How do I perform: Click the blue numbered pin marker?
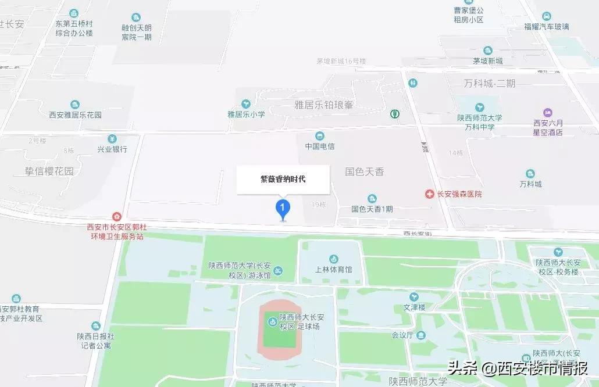point(283,208)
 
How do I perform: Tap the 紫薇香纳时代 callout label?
point(283,180)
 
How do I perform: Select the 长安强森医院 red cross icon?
point(429,193)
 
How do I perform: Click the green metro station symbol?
point(395,114)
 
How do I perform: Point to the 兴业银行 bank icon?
point(112,139)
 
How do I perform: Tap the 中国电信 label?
point(320,146)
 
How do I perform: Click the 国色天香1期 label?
point(372,209)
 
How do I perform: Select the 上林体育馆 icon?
point(334,259)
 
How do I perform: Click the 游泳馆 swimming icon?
point(279,271)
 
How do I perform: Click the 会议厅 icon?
point(420,335)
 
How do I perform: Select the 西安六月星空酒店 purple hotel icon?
point(547,112)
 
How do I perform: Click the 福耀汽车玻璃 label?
point(546,27)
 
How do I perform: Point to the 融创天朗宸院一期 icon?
point(136,17)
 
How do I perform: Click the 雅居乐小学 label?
point(246,114)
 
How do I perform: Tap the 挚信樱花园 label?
point(49,171)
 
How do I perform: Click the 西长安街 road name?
point(418,234)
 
